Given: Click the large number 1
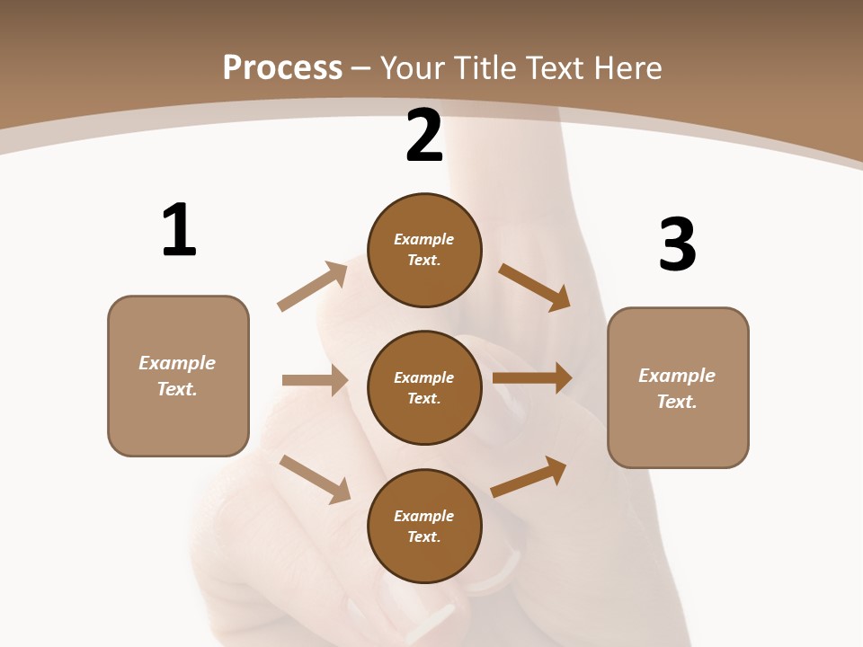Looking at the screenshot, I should pyautogui.click(x=179, y=231).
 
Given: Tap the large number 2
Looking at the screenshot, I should pyautogui.click(x=424, y=136).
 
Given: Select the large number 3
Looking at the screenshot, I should pyautogui.click(x=677, y=245).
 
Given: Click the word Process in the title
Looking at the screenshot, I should pyautogui.click(x=282, y=67).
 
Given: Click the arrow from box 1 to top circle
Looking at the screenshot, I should pyautogui.click(x=313, y=287).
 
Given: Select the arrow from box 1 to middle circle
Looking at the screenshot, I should pyautogui.click(x=315, y=380).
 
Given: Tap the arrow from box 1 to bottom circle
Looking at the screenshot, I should pyautogui.click(x=315, y=479).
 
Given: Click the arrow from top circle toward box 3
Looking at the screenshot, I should pyautogui.click(x=534, y=287).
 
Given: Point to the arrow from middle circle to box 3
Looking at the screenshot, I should pyautogui.click(x=532, y=378).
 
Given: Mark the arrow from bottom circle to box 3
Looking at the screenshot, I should pyautogui.click(x=529, y=476).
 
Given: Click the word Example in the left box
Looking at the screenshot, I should pyautogui.click(x=177, y=363).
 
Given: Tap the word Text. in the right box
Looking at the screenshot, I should pyautogui.click(x=677, y=402).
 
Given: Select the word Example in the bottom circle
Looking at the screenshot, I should pyautogui.click(x=424, y=516).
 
